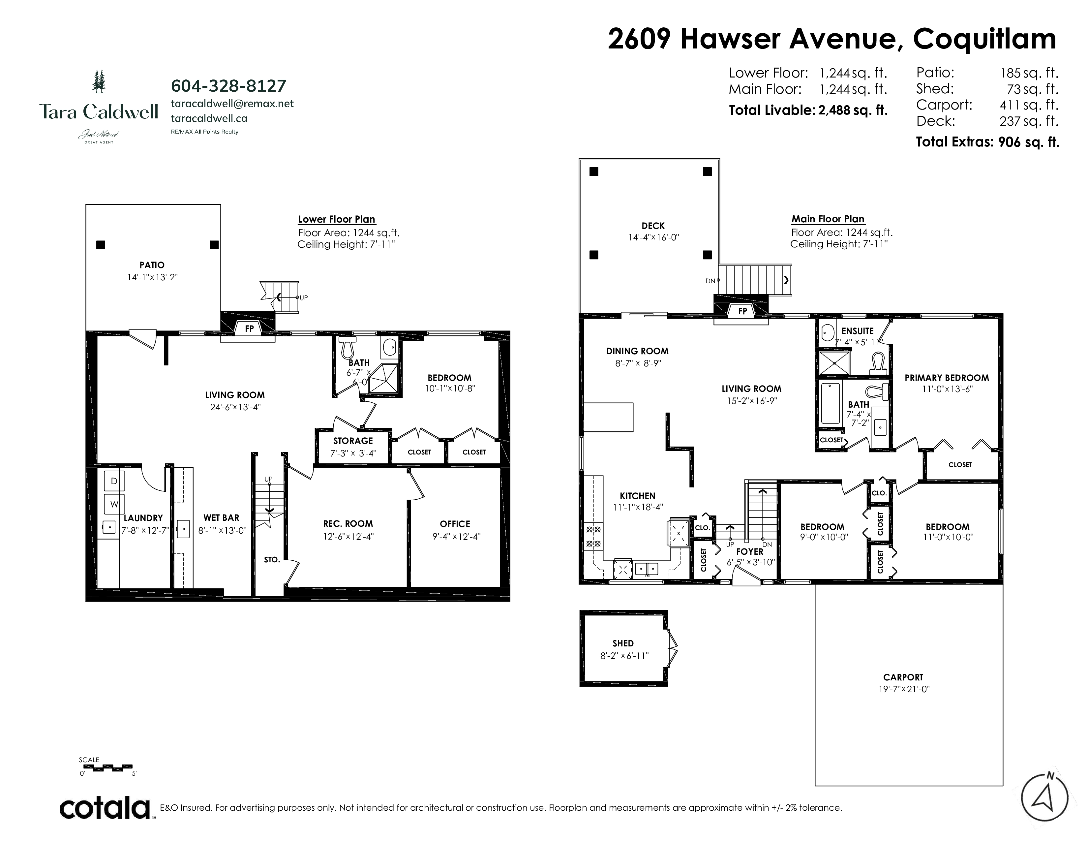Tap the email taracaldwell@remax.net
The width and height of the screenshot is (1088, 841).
coord(232,104)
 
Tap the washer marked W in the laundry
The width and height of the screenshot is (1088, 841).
coord(114,504)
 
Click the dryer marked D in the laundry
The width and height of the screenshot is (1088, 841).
coord(114,481)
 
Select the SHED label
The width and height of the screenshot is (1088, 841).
coord(623,643)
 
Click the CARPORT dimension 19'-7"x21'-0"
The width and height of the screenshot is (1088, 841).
coord(903,689)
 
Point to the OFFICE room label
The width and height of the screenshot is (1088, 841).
coord(455,524)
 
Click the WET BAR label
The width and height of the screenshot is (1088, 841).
coord(221,518)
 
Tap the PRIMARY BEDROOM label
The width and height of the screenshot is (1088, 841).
coord(947,378)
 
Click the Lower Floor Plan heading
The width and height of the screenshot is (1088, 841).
coord(337,219)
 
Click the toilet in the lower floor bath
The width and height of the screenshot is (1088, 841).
coord(347,347)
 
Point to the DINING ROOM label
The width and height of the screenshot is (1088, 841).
coord(637,351)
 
